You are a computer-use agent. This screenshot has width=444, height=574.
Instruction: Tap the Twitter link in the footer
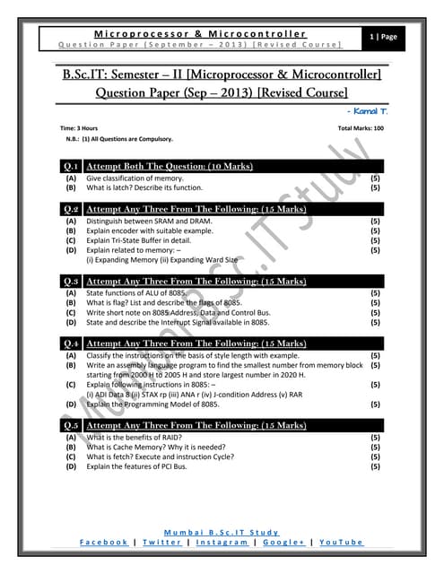161,543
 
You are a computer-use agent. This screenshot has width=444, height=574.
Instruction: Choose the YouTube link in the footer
341,543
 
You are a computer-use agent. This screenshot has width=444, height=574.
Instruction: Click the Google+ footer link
283,543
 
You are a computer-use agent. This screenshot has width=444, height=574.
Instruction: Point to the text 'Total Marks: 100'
361,129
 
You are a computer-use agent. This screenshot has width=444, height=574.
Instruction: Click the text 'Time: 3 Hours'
79,129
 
